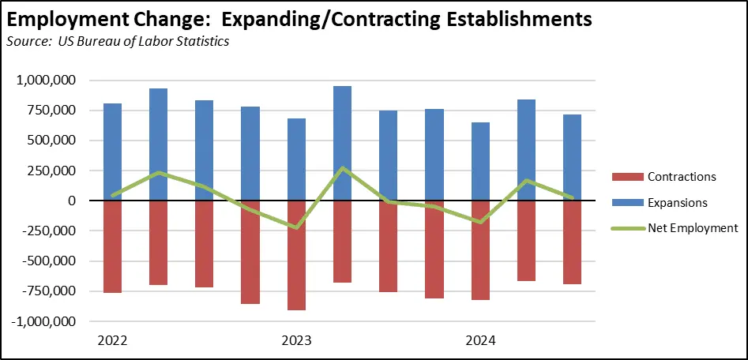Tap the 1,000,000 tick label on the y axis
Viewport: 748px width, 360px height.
(x=46, y=81)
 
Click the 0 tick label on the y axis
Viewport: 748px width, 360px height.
(x=72, y=201)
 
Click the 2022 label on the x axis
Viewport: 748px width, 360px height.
(x=112, y=341)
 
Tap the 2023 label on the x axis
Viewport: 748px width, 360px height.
(x=296, y=341)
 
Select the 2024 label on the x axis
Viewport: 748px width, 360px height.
(x=480, y=341)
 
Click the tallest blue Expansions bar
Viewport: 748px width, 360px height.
(x=343, y=142)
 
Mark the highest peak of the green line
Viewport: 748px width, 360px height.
(x=343, y=168)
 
